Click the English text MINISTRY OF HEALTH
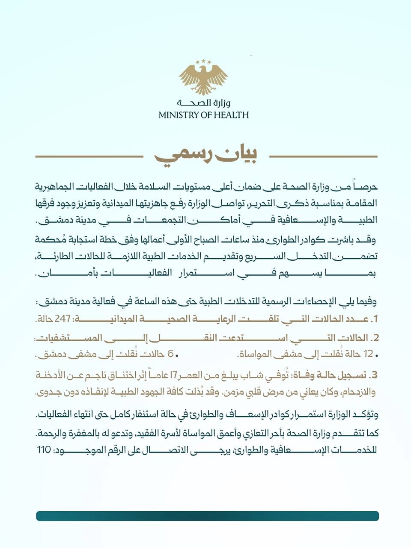point(203,115)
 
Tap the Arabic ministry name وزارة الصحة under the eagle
point(203,103)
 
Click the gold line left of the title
point(89,157)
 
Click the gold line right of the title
point(323,157)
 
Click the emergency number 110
point(44,450)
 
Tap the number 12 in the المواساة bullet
point(368,354)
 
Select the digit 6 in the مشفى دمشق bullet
point(170,354)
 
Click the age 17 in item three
point(174,375)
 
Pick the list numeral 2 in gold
point(375,338)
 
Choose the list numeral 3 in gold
point(374,375)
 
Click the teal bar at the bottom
point(207,516)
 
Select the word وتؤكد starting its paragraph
point(367,414)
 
